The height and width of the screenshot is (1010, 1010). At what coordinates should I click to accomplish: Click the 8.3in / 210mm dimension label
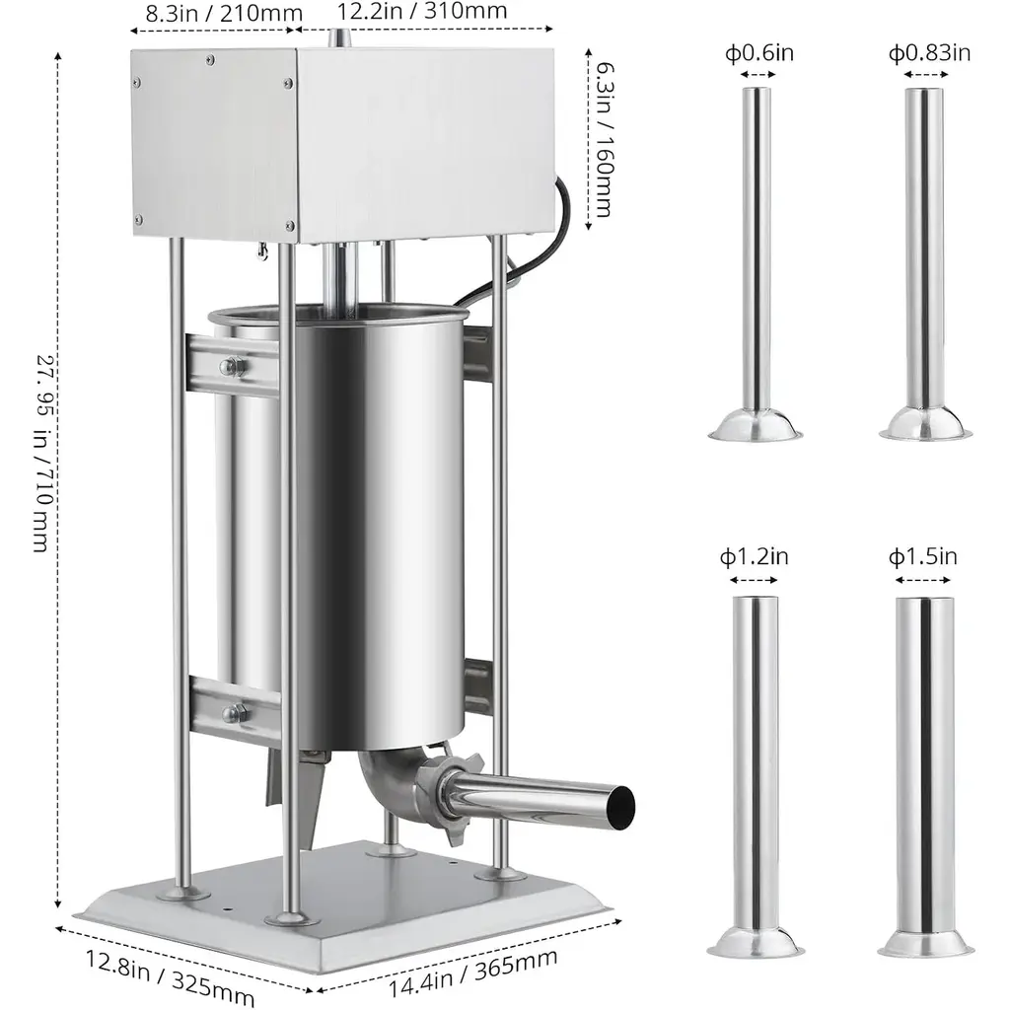point(224,13)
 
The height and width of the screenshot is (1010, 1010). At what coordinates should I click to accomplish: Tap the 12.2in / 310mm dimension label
point(422,10)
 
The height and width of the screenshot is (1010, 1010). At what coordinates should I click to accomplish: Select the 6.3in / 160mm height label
point(604,140)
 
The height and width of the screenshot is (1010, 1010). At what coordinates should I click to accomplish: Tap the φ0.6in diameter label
point(758,52)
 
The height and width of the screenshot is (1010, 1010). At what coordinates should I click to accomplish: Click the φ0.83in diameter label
point(929,52)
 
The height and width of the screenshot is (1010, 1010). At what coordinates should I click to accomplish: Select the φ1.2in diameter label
point(754,556)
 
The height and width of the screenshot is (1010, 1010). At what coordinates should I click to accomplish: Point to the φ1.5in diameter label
point(923,556)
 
